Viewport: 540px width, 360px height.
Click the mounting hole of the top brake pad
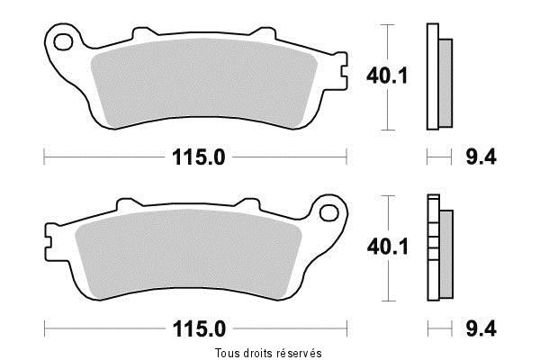[x=63, y=41]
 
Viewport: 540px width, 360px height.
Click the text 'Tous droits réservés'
[x=268, y=351]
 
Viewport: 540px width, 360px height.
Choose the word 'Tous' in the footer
[x=227, y=351]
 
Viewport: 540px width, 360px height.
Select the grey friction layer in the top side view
[x=446, y=81]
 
